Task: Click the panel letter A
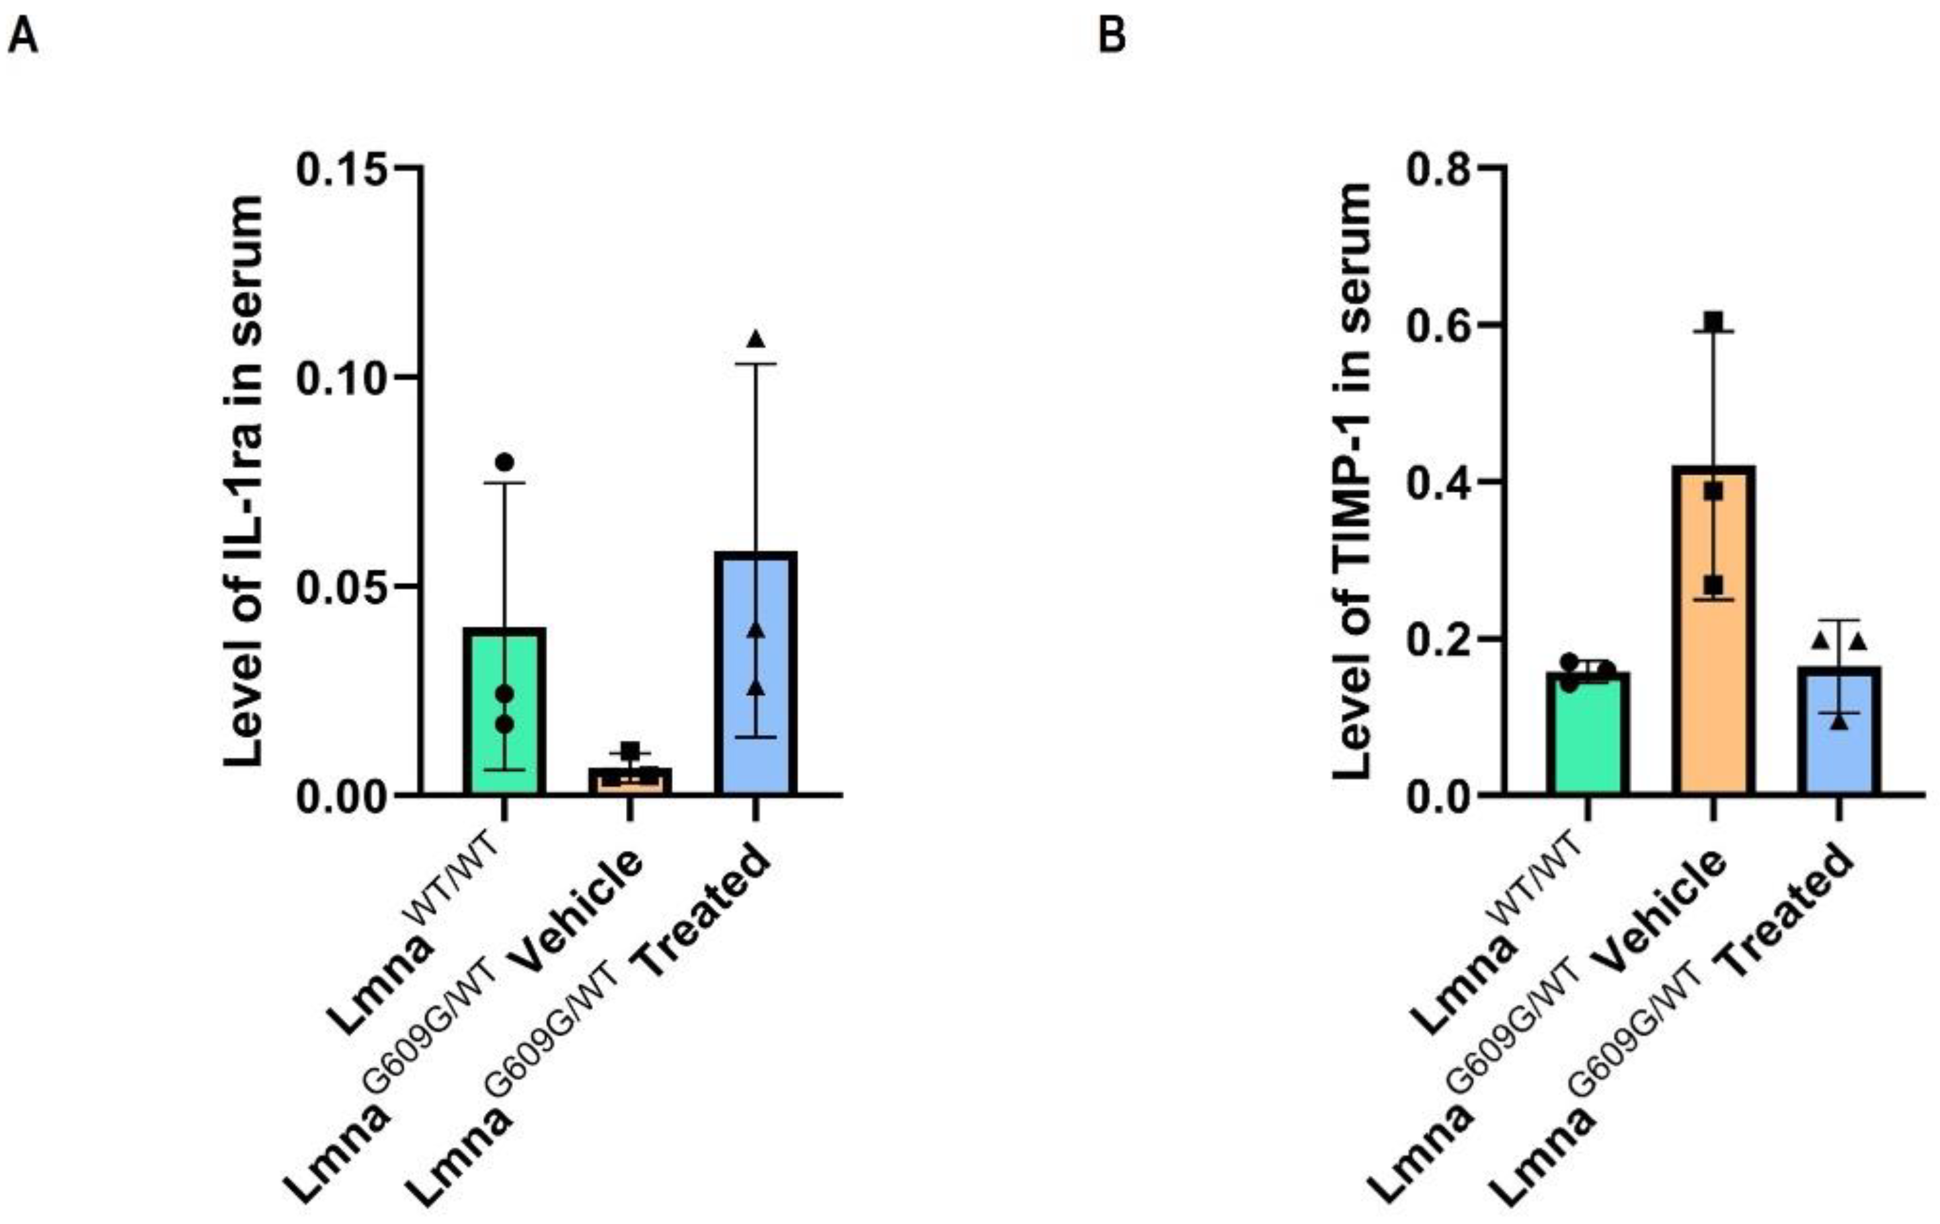22,36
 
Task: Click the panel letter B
1112,36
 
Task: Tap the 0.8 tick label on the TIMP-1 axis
1438,168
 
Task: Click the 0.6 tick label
1438,326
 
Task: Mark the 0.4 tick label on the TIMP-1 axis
1438,482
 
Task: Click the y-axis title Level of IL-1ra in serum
243,481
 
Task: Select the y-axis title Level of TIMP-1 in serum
1352,481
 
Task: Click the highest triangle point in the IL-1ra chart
756,339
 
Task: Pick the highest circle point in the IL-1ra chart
505,462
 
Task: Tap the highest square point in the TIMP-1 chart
1713,322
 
